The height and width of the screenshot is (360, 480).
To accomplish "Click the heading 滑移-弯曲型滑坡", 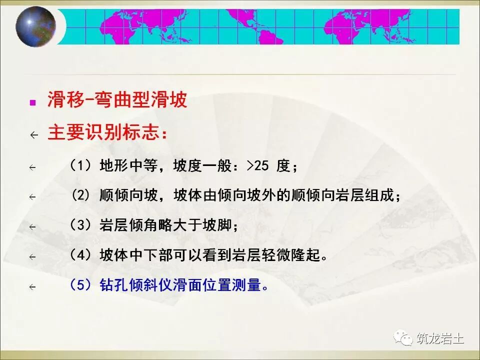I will coord(117,100).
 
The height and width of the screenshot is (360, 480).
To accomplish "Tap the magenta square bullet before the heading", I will coord(33,102).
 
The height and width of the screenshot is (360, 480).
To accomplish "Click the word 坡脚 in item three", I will coord(220,225).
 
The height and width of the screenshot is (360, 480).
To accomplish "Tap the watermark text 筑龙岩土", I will coord(440,338).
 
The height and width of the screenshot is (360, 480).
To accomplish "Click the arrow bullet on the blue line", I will coord(33,287).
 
